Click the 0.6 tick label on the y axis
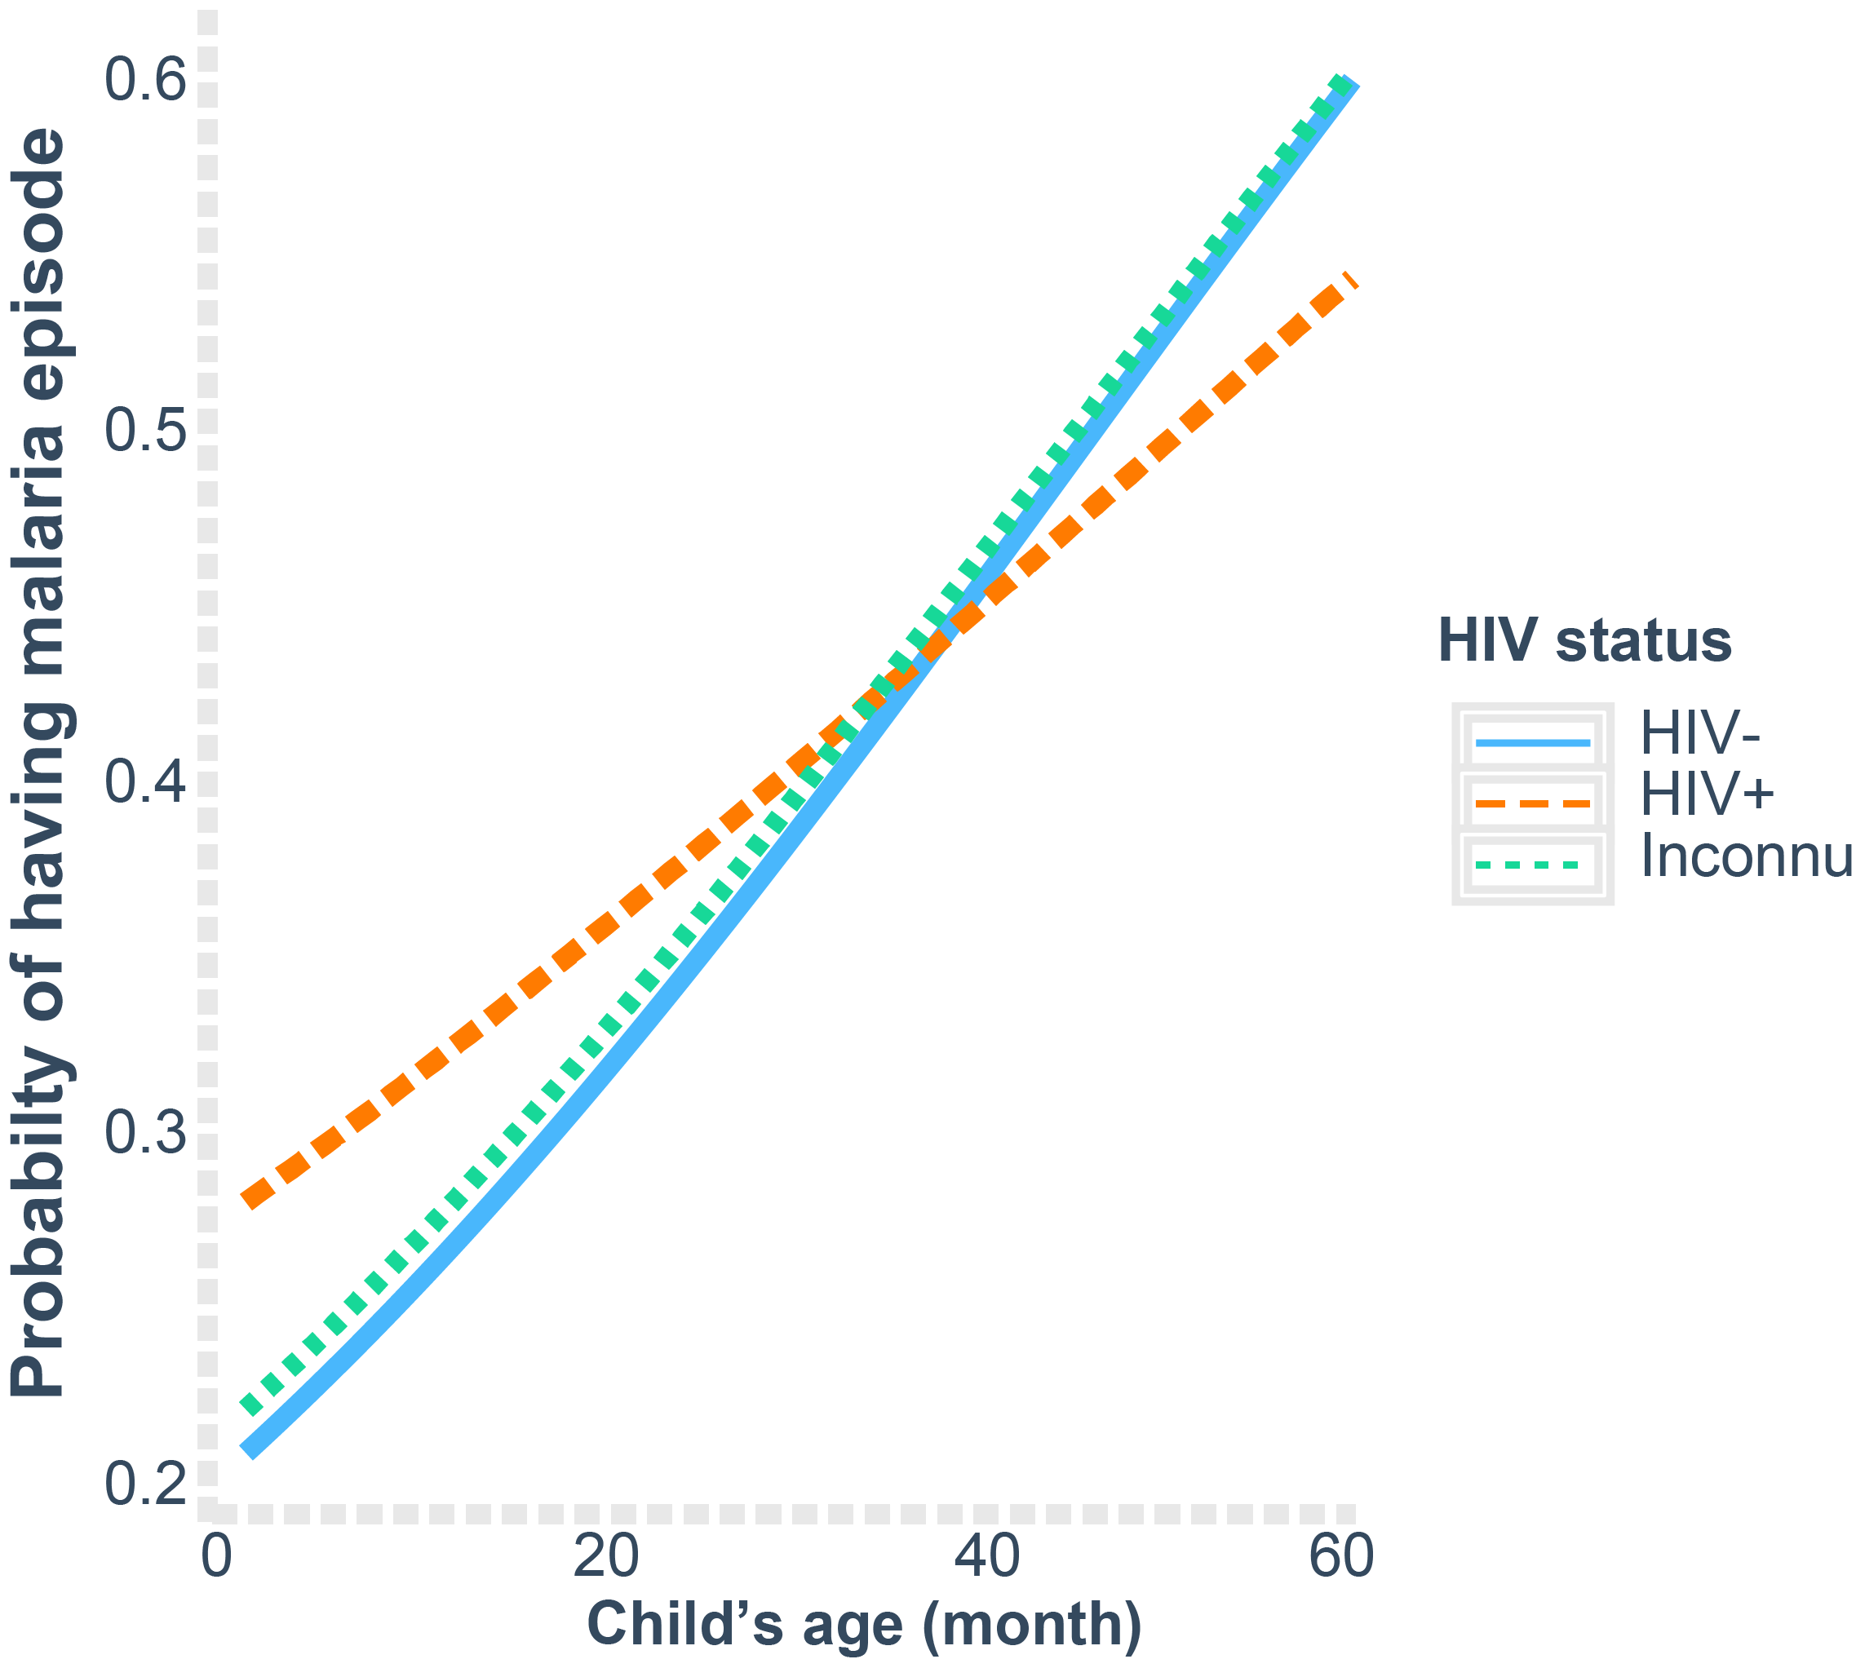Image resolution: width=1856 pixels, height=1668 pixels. [x=145, y=80]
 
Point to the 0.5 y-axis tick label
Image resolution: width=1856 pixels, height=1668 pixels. [x=145, y=430]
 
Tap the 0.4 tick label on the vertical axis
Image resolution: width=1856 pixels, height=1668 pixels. [x=145, y=781]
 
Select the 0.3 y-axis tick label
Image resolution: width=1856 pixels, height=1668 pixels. [x=145, y=1133]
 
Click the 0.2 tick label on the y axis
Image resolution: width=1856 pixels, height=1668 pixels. [x=145, y=1484]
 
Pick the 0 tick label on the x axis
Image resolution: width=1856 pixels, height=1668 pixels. [x=216, y=1556]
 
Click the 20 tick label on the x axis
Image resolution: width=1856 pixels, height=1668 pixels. [x=605, y=1556]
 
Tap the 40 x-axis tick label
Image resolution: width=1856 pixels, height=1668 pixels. [x=986, y=1556]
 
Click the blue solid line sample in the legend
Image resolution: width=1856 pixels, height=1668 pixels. [x=1532, y=742]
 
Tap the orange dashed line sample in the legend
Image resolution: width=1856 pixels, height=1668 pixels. [x=1532, y=803]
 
